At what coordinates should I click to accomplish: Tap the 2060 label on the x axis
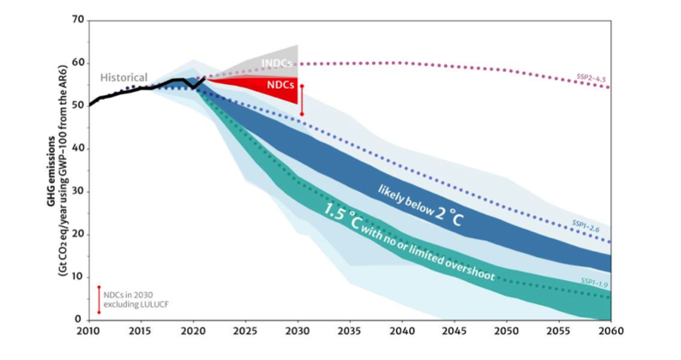610,330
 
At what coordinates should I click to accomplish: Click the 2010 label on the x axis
89,330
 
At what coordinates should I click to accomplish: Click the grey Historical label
124,78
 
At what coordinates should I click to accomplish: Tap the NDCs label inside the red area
279,84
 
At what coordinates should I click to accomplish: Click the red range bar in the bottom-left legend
99,299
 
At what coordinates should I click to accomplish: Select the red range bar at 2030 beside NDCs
302,99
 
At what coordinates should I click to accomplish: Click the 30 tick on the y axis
79,191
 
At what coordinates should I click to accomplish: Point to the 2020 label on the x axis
193,330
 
